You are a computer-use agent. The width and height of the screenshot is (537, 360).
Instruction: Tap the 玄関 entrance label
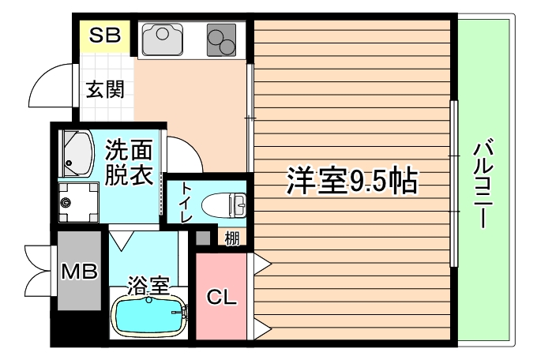(x=105, y=89)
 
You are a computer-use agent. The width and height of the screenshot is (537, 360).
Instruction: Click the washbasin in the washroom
(x=77, y=153)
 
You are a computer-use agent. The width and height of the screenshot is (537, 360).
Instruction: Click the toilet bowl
(x=223, y=204)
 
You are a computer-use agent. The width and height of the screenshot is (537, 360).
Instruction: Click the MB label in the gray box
(x=79, y=271)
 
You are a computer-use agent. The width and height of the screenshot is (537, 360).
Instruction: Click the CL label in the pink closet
(x=222, y=298)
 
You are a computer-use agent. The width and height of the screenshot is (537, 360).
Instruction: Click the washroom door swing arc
(x=185, y=153)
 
